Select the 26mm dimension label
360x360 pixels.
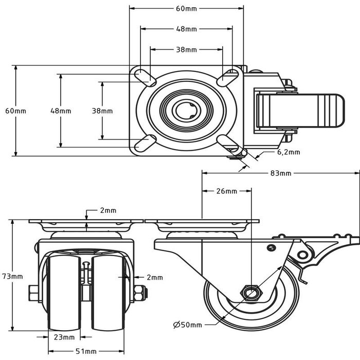click(x=226, y=191)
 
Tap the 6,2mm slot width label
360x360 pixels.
click(x=289, y=152)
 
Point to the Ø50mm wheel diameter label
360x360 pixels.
click(x=187, y=325)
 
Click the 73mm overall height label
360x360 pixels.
click(x=16, y=276)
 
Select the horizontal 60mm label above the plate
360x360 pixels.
click(x=186, y=9)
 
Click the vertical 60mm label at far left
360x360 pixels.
click(x=15, y=111)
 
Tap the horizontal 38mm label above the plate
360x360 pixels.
click(x=186, y=50)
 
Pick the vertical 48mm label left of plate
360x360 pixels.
click(x=61, y=111)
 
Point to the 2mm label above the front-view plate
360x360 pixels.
click(x=108, y=210)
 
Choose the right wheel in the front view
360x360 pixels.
click(x=109, y=293)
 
